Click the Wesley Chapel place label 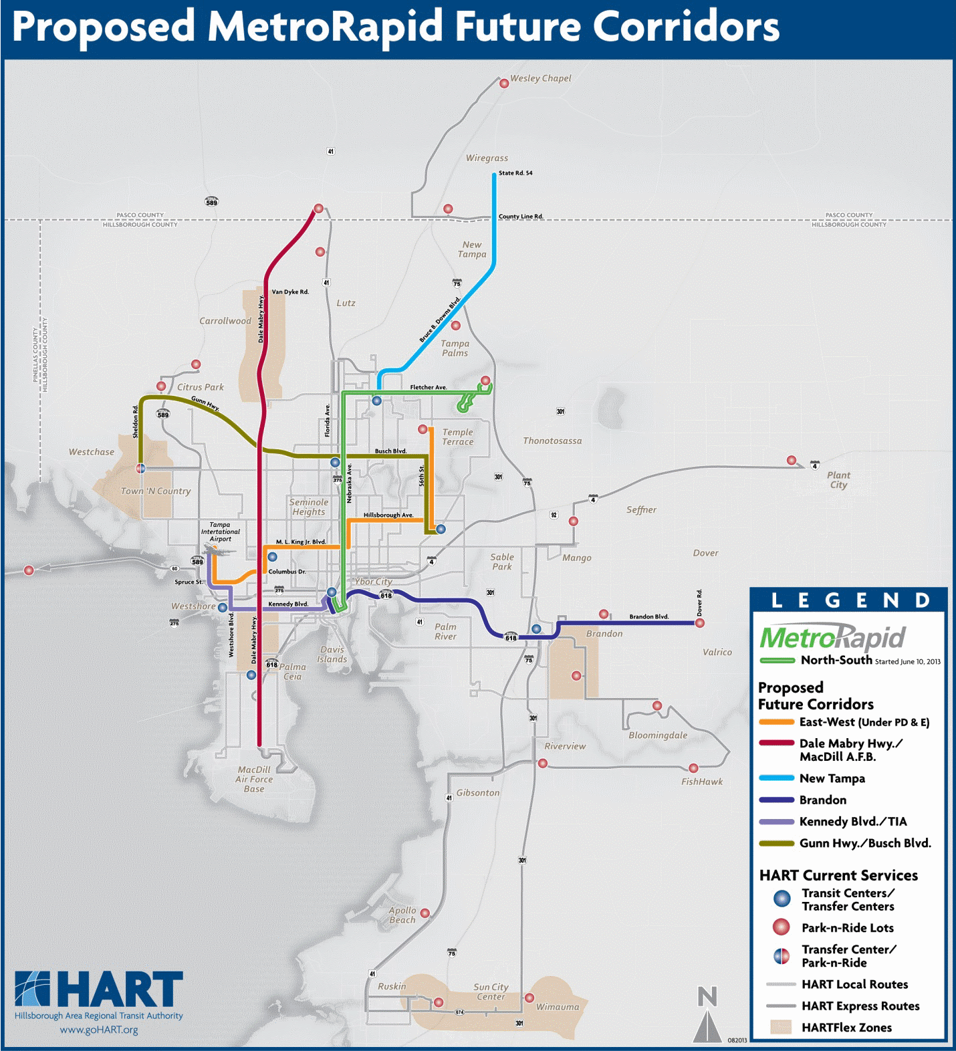[x=540, y=78]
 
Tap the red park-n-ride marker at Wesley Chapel [x=504, y=84]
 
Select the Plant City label [x=838, y=480]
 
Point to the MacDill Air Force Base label [x=254, y=779]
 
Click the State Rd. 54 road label [x=515, y=173]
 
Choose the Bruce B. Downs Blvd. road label [x=440, y=320]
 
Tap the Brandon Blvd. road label [x=648, y=616]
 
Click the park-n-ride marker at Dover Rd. [x=699, y=623]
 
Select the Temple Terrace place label [x=457, y=437]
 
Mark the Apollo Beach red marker [x=425, y=913]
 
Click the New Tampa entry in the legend [x=832, y=778]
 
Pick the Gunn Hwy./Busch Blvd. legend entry [x=864, y=843]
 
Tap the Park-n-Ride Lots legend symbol [x=781, y=927]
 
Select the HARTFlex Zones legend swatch [x=780, y=1028]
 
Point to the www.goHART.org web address [x=99, y=1030]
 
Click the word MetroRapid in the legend [x=832, y=638]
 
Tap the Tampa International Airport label [x=220, y=532]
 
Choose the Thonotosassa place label [x=552, y=441]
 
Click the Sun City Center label [x=491, y=991]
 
